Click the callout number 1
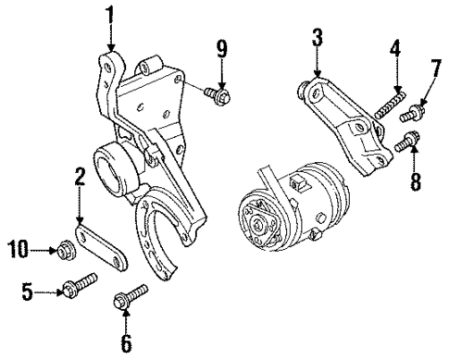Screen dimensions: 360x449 (x=110, y=16)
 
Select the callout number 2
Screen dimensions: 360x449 (x=80, y=176)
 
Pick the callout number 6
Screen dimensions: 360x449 (x=127, y=344)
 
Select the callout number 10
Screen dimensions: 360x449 (x=18, y=247)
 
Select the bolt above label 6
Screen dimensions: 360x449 (x=129, y=299)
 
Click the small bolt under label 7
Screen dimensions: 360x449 (x=412, y=115)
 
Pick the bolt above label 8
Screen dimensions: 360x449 (x=405, y=142)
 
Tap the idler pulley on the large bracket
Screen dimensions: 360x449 (x=116, y=168)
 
